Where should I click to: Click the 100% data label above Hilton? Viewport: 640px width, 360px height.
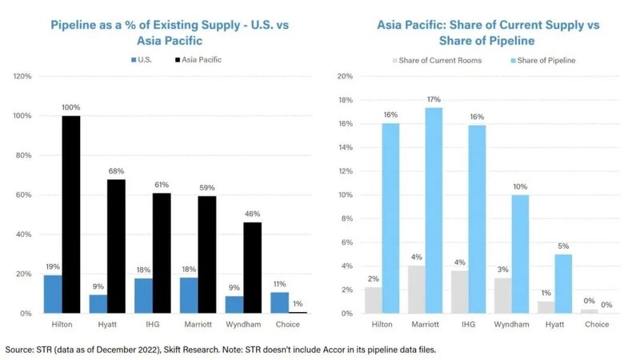71,107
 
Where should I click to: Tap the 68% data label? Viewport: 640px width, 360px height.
117,170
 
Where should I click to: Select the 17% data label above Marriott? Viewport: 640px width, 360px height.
434,99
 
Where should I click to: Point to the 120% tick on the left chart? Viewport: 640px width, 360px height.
22,77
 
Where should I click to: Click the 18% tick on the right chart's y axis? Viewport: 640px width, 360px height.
344,100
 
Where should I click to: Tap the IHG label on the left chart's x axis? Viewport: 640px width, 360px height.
153,324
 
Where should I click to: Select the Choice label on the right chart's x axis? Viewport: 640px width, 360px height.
597,324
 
